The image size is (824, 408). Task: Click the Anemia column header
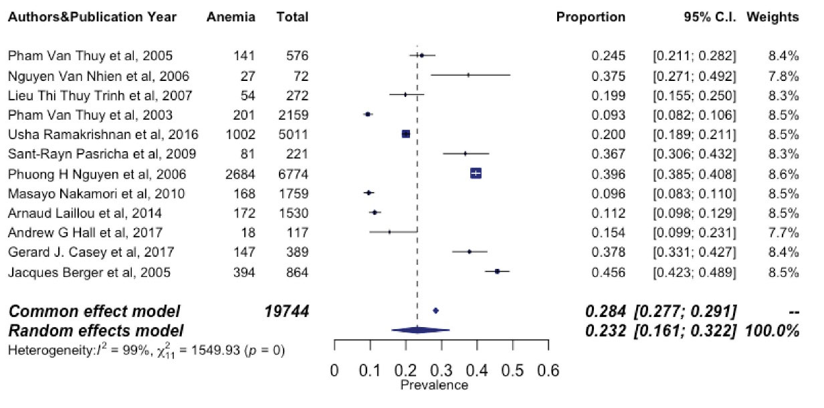(x=231, y=17)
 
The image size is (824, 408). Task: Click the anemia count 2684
(x=239, y=174)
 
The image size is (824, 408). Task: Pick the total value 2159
(x=292, y=114)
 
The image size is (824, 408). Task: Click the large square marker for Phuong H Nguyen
(x=476, y=174)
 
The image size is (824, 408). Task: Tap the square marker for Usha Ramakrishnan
(x=405, y=134)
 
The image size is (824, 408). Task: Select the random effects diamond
(x=419, y=330)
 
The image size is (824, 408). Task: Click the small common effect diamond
(x=435, y=311)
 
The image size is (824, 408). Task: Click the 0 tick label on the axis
(x=334, y=371)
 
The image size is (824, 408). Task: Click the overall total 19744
(x=287, y=311)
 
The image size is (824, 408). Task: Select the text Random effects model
(x=95, y=330)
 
